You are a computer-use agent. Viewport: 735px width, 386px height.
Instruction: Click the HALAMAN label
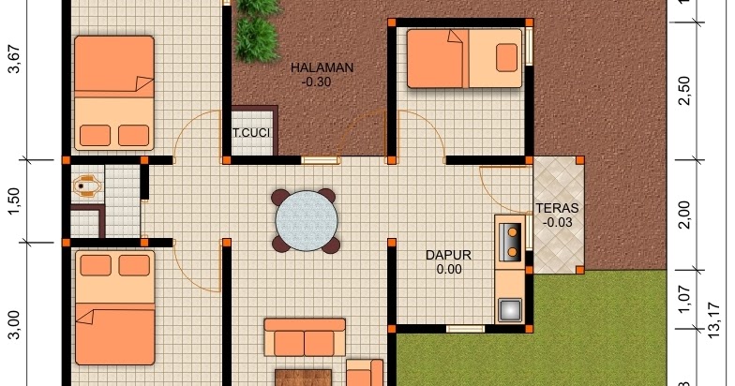pyautogui.click(x=322, y=67)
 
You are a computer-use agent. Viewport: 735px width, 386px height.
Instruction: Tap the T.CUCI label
pyautogui.click(x=251, y=133)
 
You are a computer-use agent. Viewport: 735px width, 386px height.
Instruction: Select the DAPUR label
pyautogui.click(x=448, y=255)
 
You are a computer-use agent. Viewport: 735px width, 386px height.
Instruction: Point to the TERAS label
pyautogui.click(x=557, y=208)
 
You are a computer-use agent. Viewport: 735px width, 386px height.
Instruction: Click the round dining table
pyautogui.click(x=307, y=221)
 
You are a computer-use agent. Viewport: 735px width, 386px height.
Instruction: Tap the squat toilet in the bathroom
pyautogui.click(x=86, y=186)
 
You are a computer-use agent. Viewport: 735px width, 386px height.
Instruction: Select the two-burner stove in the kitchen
pyautogui.click(x=510, y=242)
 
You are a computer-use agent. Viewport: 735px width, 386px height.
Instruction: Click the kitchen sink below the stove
pyautogui.click(x=510, y=309)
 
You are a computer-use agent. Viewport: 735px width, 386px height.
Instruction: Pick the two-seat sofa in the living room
pyautogui.click(x=305, y=337)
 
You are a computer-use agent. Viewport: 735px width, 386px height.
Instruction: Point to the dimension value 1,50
pyautogui.click(x=15, y=201)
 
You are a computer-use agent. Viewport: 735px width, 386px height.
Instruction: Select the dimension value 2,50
pyautogui.click(x=684, y=90)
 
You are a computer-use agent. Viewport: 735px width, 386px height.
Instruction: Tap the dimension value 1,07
pyautogui.click(x=684, y=300)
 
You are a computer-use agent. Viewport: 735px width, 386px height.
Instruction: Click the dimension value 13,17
pyautogui.click(x=712, y=320)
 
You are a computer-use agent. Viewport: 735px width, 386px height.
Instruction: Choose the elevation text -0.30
pyautogui.click(x=317, y=82)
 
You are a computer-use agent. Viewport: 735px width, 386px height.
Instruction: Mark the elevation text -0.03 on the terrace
pyautogui.click(x=557, y=223)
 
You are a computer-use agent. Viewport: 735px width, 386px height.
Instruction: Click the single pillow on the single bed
pyautogui.click(x=506, y=58)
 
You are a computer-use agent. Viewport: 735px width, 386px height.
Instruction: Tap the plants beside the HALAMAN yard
pyautogui.click(x=257, y=31)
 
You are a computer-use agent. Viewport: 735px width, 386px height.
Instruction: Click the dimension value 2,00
pyautogui.click(x=684, y=215)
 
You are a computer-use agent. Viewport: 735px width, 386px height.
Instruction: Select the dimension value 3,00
pyautogui.click(x=15, y=324)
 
